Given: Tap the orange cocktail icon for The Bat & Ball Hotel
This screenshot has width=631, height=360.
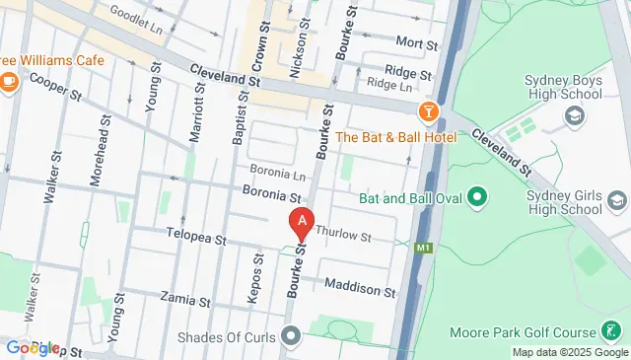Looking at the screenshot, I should point(428,111).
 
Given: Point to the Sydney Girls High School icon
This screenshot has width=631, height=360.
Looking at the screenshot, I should point(617,202).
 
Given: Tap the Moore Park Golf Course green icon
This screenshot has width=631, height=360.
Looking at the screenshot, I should point(613,332).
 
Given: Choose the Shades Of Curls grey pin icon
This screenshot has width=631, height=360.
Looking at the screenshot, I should point(290,337).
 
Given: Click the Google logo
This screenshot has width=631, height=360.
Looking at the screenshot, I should point(32,348).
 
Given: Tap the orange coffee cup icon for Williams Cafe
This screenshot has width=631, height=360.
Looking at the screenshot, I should point(10,78).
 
